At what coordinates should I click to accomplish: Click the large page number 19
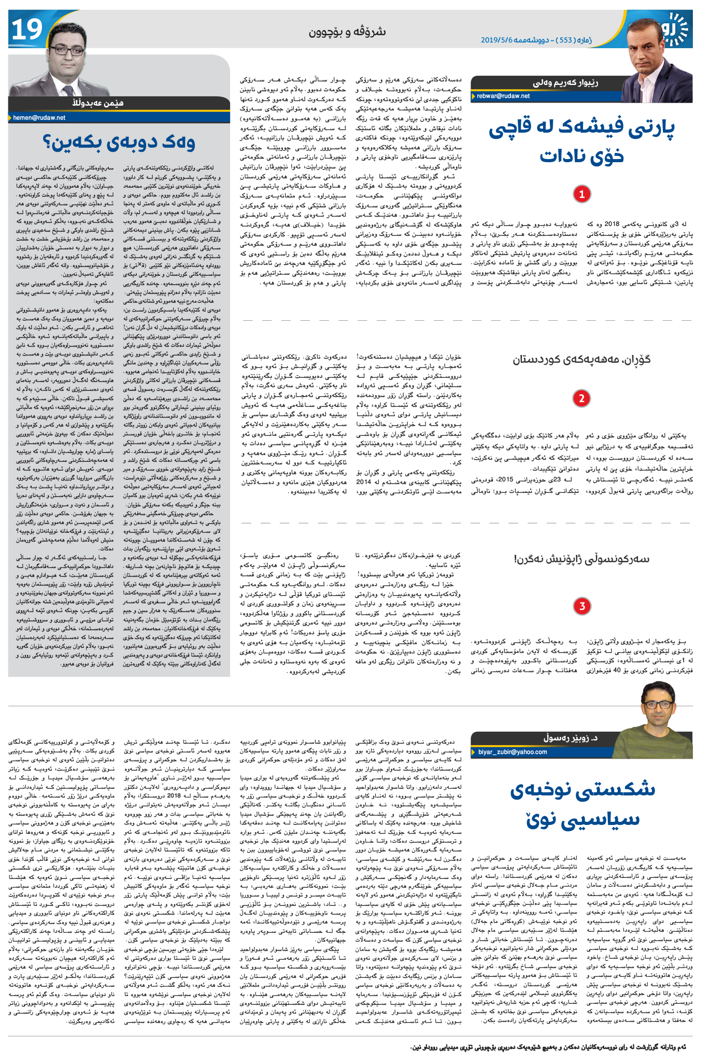pos(27,30)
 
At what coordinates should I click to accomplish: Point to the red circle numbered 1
pos(581,194)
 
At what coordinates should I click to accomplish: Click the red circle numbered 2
pos(581,398)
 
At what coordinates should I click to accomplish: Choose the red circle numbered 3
pos(582,606)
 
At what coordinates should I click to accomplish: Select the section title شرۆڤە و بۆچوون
pos(347,32)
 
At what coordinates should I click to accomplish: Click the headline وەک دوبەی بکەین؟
pos(119,143)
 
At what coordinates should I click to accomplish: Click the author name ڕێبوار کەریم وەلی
pos(565,83)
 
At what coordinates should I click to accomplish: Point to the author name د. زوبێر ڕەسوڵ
pos(570,737)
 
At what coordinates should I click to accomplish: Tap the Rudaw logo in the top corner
pos(676,29)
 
